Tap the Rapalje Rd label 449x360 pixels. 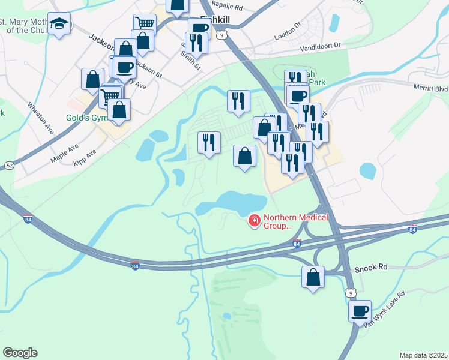click(230, 8)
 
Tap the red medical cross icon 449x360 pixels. click(255, 222)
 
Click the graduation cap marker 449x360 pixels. click(59, 24)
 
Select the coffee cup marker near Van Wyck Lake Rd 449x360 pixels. click(360, 311)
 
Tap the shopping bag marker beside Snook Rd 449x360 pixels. click(313, 277)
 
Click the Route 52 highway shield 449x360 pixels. click(9, 164)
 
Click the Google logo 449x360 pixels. click(20, 353)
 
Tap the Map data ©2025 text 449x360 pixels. click(423, 355)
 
